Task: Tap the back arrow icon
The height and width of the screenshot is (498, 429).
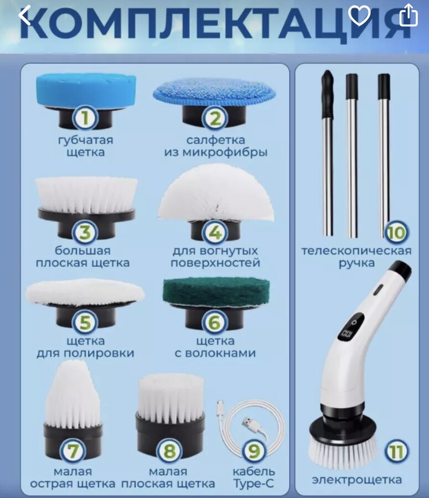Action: [24, 15]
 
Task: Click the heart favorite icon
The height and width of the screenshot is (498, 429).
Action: [359, 15]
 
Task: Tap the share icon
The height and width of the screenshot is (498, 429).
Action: [409, 15]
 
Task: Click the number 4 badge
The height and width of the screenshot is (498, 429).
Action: [215, 232]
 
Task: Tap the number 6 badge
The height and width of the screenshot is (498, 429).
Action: [215, 322]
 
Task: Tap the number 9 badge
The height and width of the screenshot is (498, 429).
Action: [254, 451]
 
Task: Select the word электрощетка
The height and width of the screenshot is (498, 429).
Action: [357, 480]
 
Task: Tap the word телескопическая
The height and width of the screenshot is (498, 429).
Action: [356, 251]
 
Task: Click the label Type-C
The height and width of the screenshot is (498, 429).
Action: [254, 484]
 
